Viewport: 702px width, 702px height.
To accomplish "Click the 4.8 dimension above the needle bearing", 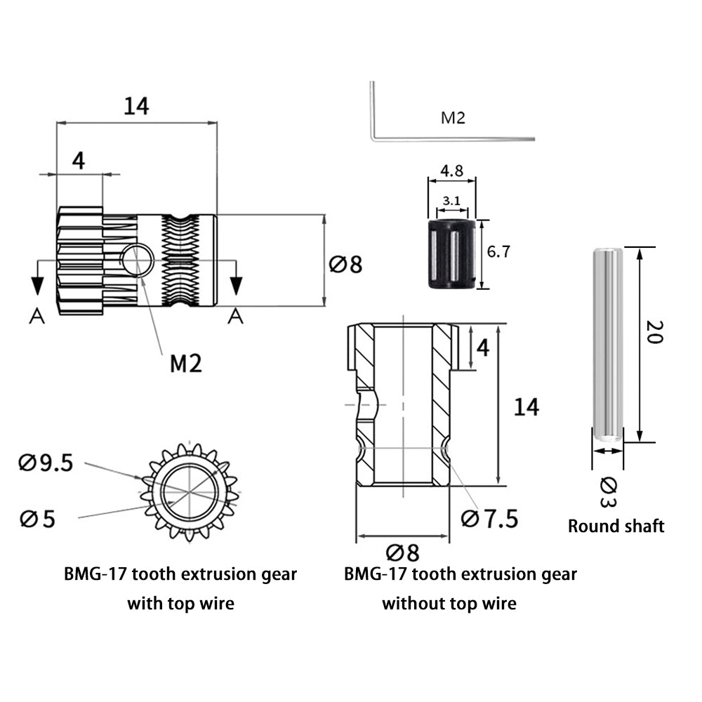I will click(x=451, y=171).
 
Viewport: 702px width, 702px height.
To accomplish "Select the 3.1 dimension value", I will click(x=452, y=201).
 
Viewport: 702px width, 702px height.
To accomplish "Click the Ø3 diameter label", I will click(x=609, y=492).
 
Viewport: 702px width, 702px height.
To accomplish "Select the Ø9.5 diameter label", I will click(x=46, y=463).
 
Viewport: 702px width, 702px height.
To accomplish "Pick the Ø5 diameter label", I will click(x=38, y=519).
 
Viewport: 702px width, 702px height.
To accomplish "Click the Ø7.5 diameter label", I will click(x=490, y=519).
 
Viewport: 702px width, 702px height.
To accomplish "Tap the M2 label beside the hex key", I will click(x=453, y=118).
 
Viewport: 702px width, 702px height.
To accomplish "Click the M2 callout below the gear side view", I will click(x=186, y=363).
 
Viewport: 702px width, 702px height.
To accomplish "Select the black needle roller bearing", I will click(x=451, y=254).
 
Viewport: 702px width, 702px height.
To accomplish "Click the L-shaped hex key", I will click(x=421, y=133).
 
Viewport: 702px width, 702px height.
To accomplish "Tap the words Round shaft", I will click(x=616, y=526).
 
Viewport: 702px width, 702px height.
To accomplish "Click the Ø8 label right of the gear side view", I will click(x=345, y=265).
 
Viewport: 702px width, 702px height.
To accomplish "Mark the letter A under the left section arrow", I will click(x=37, y=317).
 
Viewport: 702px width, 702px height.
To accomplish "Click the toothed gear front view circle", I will click(x=190, y=491).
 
